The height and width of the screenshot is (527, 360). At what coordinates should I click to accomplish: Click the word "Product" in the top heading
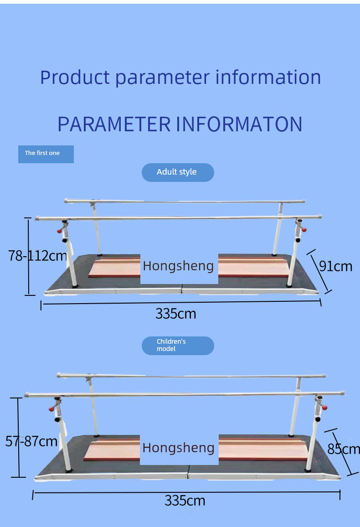[75, 77]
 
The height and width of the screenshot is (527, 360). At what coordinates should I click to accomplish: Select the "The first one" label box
[46, 154]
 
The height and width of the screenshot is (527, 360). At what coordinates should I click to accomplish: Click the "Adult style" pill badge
[178, 172]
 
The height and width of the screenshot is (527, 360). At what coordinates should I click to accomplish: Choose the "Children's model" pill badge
[178, 346]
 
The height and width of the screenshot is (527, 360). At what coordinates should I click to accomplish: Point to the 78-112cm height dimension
[38, 256]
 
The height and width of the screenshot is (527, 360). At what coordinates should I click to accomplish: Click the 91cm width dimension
[336, 266]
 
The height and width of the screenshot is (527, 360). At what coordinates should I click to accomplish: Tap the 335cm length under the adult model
[176, 314]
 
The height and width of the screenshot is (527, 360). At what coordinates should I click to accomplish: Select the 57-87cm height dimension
[31, 441]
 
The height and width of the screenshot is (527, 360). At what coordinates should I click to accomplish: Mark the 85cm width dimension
[343, 449]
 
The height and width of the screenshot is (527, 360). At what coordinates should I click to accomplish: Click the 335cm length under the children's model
[185, 501]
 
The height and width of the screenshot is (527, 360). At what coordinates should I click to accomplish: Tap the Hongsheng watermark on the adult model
[179, 266]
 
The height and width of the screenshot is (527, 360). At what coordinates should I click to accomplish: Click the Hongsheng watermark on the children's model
[179, 448]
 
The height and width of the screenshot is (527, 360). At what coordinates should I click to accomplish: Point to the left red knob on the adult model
[59, 231]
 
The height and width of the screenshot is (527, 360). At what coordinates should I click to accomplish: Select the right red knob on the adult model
[304, 230]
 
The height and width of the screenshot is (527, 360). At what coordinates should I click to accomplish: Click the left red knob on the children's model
[51, 409]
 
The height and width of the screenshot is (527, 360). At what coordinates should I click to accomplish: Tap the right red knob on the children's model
[324, 408]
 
